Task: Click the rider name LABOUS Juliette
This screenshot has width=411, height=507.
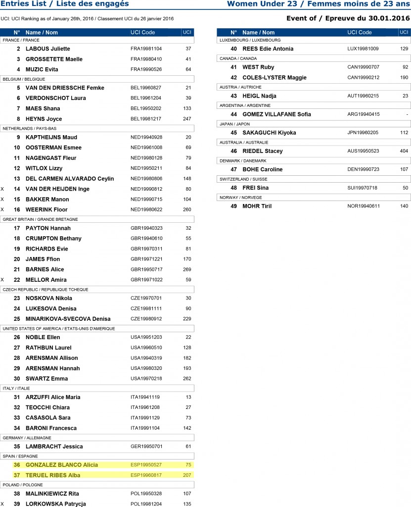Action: pos(47,49)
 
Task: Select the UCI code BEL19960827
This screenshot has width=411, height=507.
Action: pos(146,88)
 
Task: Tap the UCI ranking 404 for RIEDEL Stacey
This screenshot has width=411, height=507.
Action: pos(404,151)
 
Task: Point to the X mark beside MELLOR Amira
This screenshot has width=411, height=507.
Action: pos(2,280)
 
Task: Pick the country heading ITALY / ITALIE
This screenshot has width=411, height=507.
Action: pos(15,388)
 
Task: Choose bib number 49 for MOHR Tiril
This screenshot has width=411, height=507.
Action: pos(234,206)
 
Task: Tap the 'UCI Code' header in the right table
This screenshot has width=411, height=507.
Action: pos(360,32)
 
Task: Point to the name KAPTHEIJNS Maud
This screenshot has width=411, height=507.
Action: pos(51,137)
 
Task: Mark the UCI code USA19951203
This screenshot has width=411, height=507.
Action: pos(146,337)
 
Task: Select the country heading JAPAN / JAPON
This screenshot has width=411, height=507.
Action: pos(235,124)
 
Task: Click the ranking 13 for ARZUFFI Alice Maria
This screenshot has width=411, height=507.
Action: pos(188,397)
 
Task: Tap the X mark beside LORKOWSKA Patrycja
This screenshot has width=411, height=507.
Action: pos(2,504)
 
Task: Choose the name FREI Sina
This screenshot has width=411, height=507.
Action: pos(255,188)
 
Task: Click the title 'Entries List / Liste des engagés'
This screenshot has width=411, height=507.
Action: pos(64,4)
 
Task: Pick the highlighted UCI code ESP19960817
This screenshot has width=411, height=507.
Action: pos(146,475)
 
